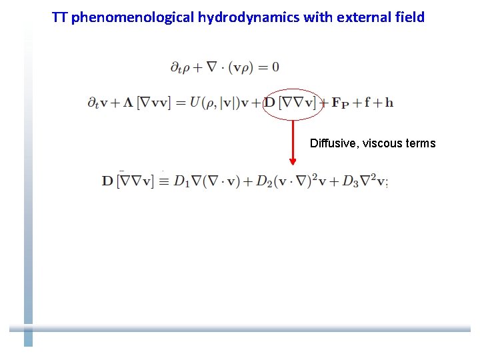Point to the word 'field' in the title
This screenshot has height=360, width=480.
tap(408, 17)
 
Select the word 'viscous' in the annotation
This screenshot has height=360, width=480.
tap(385, 143)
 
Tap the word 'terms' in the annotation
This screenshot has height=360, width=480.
tap(421, 143)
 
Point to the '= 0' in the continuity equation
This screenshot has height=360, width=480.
tap(267, 67)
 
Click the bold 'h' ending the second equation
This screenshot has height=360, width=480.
tap(389, 103)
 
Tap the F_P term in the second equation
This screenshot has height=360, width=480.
tap(340, 104)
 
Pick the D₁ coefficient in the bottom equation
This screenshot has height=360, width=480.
tap(182, 181)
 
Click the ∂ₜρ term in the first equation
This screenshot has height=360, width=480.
tap(180, 67)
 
